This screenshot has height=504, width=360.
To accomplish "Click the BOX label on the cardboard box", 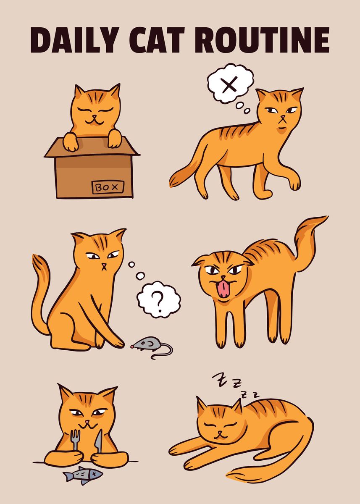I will coord(108,187).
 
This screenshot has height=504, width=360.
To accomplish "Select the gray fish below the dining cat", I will coord(83,475).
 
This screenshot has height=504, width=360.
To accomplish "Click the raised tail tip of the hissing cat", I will coord(319,220).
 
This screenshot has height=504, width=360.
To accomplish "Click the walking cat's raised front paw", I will coord(294,183).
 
